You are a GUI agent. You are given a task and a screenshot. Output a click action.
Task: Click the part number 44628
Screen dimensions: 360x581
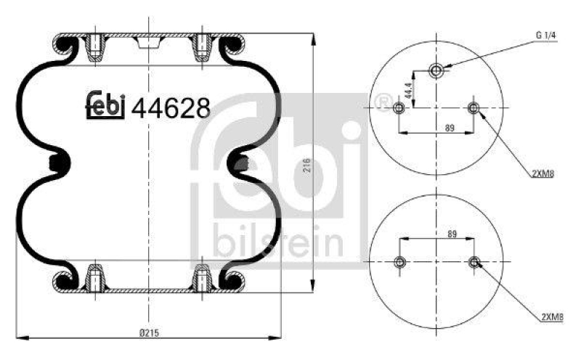171,107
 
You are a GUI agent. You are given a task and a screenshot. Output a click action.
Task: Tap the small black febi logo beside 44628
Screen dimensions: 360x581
107,106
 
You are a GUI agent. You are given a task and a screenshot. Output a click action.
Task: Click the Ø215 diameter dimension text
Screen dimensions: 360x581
150,332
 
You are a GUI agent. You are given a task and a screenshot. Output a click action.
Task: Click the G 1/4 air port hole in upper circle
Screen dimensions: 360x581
436,70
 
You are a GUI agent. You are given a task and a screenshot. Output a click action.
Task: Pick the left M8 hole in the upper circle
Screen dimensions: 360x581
398,109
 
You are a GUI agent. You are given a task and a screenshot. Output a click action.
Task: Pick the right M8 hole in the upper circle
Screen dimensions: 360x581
474,109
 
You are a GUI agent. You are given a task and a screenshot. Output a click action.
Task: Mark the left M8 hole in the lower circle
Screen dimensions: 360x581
398,262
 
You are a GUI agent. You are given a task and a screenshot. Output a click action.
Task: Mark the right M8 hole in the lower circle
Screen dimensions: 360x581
474,262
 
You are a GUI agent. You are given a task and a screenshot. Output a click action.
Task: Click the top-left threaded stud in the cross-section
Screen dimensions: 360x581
94,48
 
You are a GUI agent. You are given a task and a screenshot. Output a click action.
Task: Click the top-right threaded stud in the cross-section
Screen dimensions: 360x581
201,48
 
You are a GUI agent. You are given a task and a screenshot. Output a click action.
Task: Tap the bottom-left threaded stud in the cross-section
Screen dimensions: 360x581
94,279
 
